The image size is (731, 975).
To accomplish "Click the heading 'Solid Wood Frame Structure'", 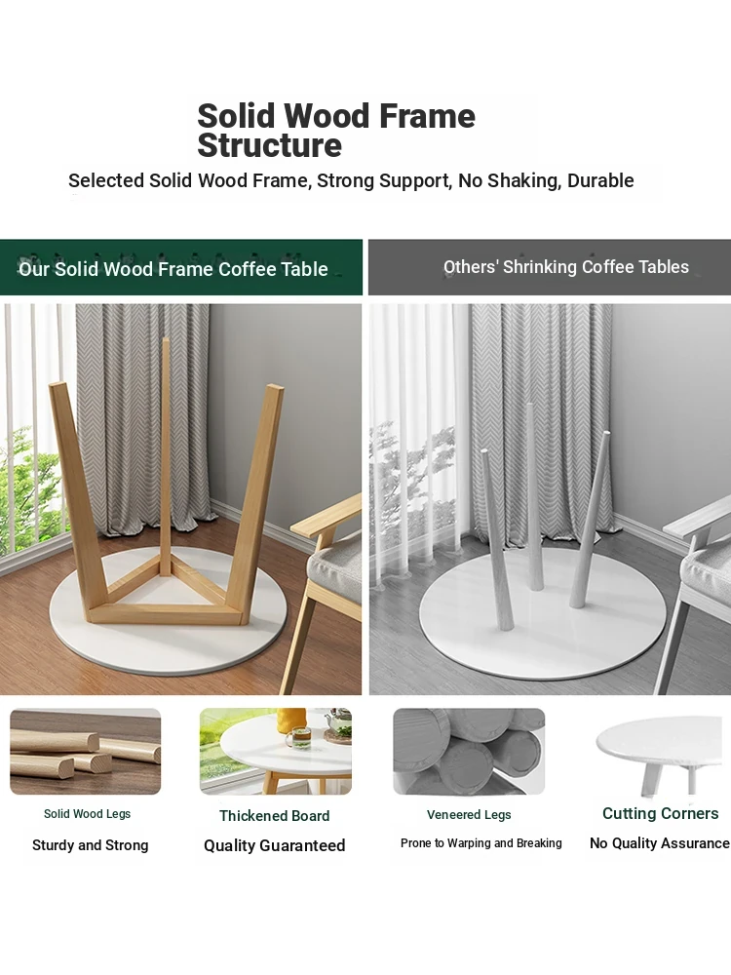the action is (336, 131).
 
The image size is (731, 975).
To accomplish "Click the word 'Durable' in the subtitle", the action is (600, 180).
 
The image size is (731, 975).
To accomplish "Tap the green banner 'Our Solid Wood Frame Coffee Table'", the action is (181, 267).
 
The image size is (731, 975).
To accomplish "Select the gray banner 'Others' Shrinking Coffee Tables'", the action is (550, 267).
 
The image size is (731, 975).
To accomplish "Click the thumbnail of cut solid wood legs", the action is (85, 751).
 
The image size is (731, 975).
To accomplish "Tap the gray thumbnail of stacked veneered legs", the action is (469, 751).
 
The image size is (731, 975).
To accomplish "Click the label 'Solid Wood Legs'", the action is (87, 814).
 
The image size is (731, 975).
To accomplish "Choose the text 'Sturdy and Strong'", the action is (90, 845).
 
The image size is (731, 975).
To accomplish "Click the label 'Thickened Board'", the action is (274, 816).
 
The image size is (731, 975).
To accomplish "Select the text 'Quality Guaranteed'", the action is (274, 845).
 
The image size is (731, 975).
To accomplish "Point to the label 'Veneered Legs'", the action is (469, 814).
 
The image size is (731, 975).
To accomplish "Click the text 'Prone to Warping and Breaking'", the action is (481, 843).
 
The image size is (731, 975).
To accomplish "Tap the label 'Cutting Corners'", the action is (660, 813).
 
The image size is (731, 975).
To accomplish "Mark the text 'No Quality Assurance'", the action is (660, 843).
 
